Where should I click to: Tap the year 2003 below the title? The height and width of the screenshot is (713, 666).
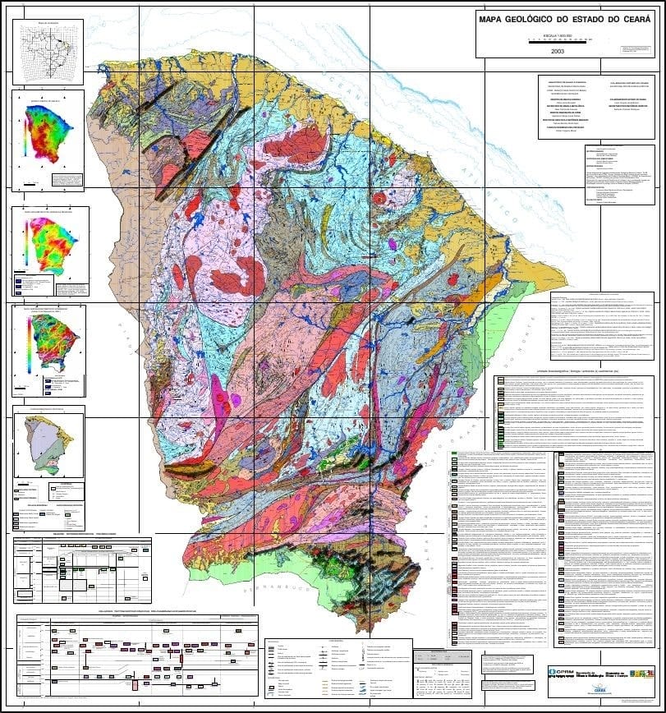pos(558,50)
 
